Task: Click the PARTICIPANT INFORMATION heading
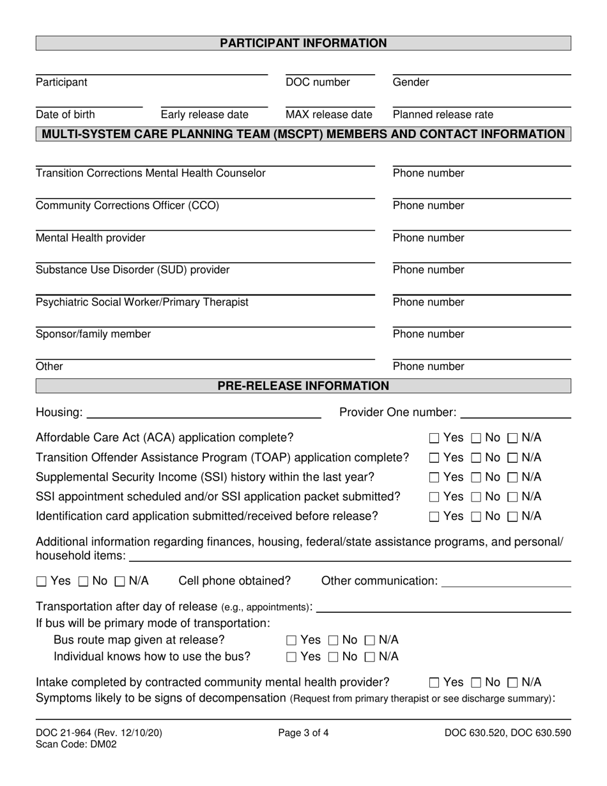click(303, 43)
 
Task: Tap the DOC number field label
click(318, 82)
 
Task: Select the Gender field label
click(411, 82)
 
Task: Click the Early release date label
click(204, 115)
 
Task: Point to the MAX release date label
click(328, 115)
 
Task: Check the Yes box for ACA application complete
click(434, 438)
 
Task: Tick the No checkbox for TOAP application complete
click(477, 458)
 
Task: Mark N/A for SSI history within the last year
click(513, 477)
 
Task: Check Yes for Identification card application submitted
click(434, 516)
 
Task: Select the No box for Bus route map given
click(334, 640)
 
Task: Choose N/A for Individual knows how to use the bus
click(370, 657)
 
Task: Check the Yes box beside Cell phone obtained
click(42, 582)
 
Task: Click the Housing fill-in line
click(203, 414)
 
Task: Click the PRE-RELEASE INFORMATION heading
click(303, 386)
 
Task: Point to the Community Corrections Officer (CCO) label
click(127, 206)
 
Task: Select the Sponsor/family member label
click(93, 334)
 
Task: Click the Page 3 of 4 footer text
click(303, 734)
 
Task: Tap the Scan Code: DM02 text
click(76, 744)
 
